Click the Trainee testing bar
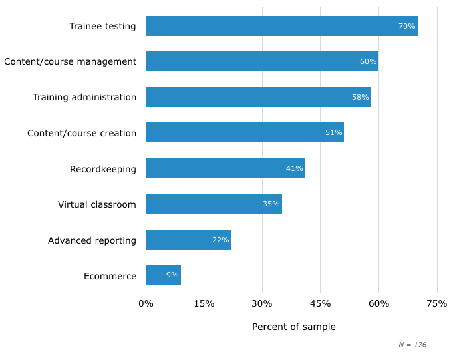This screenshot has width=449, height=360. click(281, 26)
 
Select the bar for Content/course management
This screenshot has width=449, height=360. click(262, 61)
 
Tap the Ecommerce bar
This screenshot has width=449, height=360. click(163, 275)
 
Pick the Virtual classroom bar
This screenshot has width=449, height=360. click(214, 204)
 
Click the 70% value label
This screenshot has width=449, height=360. click(406, 26)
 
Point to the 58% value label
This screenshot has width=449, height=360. click(360, 97)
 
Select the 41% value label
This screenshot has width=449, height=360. click(294, 168)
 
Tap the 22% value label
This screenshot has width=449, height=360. click(220, 240)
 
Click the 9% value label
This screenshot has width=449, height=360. click(172, 275)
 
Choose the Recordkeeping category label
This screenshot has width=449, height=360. click(103, 169)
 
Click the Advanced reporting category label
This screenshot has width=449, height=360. click(92, 240)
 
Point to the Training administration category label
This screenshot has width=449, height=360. click(84, 98)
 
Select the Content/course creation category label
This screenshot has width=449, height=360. click(82, 133)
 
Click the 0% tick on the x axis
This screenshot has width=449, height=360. click(146, 304)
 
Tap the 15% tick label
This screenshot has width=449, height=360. click(204, 304)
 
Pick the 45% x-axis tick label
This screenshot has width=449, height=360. click(320, 304)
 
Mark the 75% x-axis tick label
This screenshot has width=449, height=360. click(436, 304)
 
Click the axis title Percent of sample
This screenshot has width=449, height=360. click(293, 327)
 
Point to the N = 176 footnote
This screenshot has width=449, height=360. click(412, 345)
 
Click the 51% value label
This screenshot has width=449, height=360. click(333, 133)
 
